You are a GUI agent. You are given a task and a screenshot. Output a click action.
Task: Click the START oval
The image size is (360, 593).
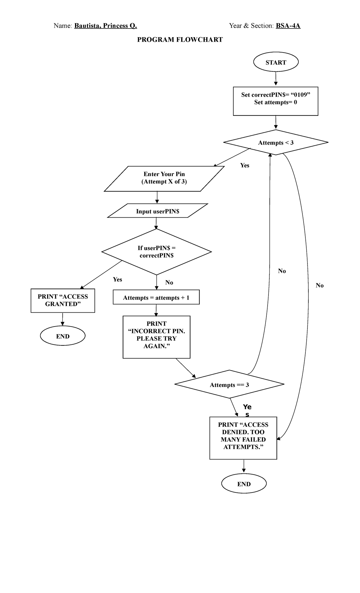pyautogui.click(x=276, y=62)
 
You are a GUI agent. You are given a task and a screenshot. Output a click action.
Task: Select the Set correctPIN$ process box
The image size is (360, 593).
pyautogui.click(x=275, y=101)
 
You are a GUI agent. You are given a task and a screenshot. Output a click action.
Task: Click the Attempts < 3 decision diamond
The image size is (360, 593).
pyautogui.click(x=276, y=143)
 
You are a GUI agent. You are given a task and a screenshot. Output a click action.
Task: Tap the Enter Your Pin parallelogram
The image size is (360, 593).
pyautogui.click(x=164, y=179)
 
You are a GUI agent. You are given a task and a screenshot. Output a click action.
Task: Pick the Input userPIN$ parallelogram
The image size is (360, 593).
pyautogui.click(x=157, y=211)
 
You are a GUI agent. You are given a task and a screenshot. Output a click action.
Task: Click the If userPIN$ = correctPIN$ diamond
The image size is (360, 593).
pyautogui.click(x=157, y=251)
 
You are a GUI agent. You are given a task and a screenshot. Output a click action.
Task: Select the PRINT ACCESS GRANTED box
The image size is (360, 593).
pyautogui.click(x=63, y=300)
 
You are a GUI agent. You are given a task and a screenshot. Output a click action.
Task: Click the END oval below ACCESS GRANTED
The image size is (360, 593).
pyautogui.click(x=63, y=336)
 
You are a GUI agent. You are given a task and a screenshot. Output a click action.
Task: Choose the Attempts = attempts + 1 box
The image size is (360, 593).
pyautogui.click(x=156, y=297)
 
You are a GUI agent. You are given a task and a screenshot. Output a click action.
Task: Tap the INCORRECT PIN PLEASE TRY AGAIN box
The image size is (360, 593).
pyautogui.click(x=156, y=337)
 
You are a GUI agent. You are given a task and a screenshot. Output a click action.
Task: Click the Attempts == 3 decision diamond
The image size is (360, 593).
pyautogui.click(x=229, y=384)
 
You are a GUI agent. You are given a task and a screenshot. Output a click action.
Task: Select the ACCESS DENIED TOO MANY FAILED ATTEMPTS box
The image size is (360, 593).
pyautogui.click(x=243, y=438)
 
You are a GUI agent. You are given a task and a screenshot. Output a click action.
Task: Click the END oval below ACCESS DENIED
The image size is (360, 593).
pyautogui.click(x=244, y=483)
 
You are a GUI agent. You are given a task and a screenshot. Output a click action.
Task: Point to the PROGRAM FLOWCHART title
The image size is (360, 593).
pyautogui.click(x=180, y=40)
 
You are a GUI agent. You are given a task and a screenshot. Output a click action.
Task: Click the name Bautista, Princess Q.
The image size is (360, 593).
pyautogui.click(x=106, y=26)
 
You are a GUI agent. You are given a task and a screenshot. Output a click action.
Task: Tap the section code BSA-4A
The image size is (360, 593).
pyautogui.click(x=288, y=26)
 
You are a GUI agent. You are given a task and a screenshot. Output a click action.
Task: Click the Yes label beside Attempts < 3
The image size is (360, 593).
pyautogui.click(x=244, y=165)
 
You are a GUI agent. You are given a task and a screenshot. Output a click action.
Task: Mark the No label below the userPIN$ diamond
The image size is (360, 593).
pyautogui.click(x=169, y=282)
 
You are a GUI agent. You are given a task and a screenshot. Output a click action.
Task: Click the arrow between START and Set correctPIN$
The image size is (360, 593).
pyautogui.click(x=276, y=79)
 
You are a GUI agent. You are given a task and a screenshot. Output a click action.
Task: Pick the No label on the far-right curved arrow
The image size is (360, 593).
pyautogui.click(x=319, y=285)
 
